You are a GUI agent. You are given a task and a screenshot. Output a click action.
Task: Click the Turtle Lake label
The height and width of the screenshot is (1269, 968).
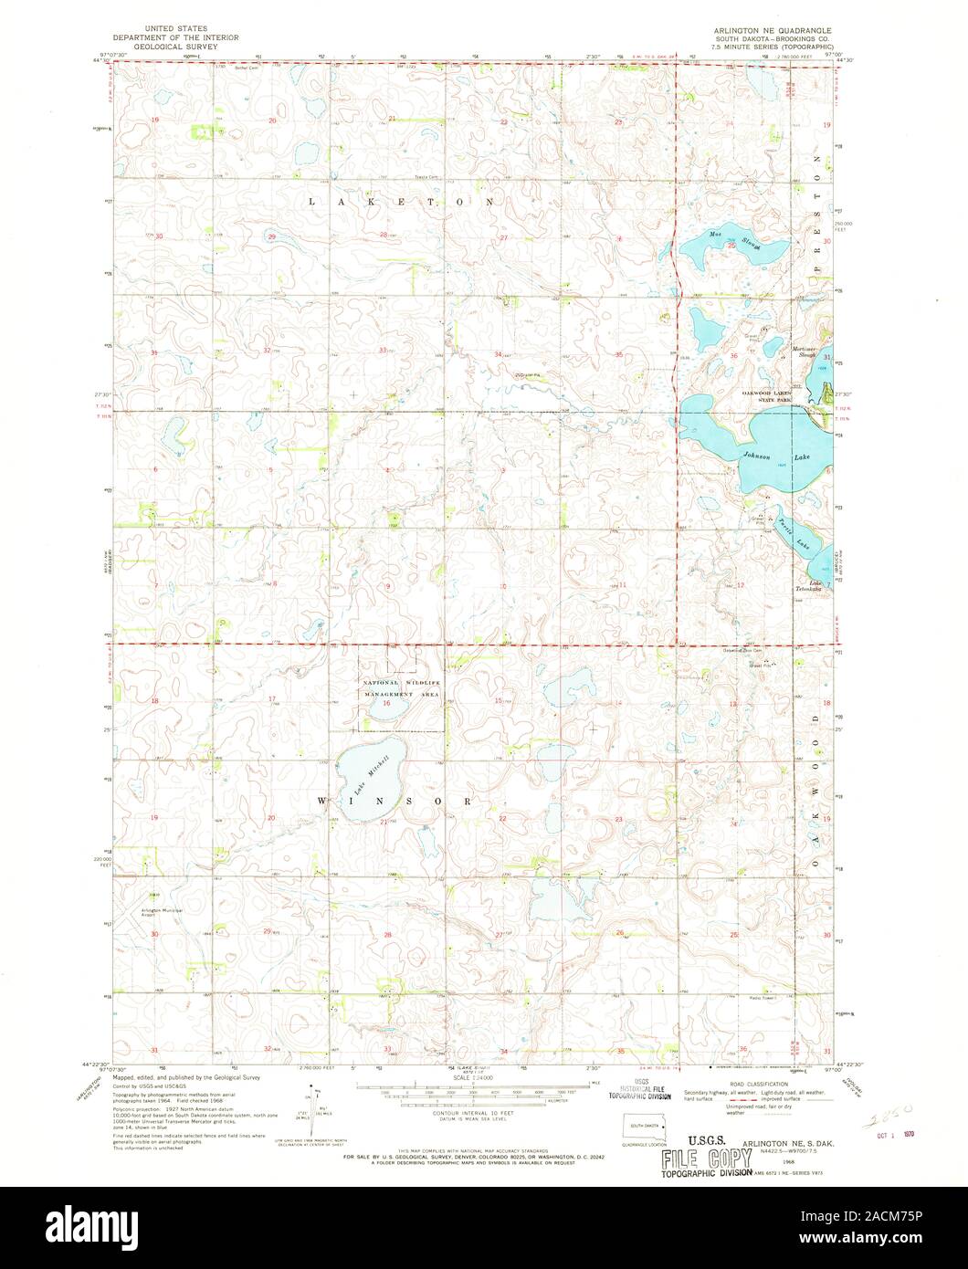[793, 532]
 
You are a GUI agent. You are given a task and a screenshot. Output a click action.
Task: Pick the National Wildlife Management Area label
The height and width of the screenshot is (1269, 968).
[402, 689]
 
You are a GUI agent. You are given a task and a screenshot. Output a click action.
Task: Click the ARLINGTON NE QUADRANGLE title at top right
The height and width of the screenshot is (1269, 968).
[777, 30]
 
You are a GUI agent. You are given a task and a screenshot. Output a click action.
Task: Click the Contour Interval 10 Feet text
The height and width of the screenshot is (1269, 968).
[450, 1116]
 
